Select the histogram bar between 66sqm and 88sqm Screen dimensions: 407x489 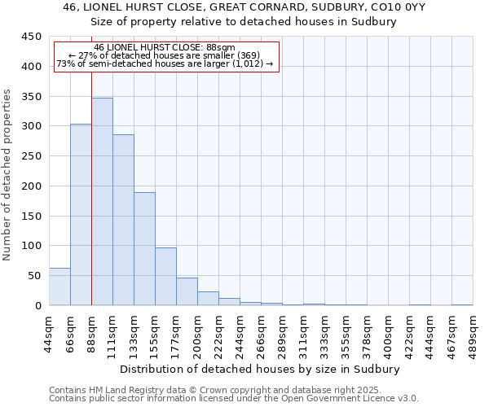pyautogui.click(x=81, y=215)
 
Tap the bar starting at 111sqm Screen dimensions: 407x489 pyautogui.click(x=123, y=220)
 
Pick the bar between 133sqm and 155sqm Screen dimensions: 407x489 pyautogui.click(x=144, y=249)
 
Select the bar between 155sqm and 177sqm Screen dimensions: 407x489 pyautogui.click(x=165, y=277)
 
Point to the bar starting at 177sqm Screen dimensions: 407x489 pyautogui.click(x=187, y=291)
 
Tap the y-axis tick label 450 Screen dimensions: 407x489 pyautogui.click(x=31, y=37)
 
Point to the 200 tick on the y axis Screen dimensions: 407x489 pyautogui.click(x=31, y=186)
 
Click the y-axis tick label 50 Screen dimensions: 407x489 pyautogui.click(x=34, y=276)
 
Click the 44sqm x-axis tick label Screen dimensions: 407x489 pyautogui.click(x=50, y=334)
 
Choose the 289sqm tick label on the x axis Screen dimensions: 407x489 pyautogui.click(x=283, y=334)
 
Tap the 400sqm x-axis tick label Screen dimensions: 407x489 pyautogui.click(x=389, y=334)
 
